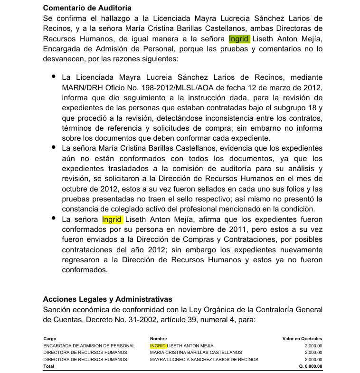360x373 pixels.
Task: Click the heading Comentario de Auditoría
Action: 87,8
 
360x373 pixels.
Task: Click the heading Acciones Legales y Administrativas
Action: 107,299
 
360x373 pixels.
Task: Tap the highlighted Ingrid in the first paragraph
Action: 239,38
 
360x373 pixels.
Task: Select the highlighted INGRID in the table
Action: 158,345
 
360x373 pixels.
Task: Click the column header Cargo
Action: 49,339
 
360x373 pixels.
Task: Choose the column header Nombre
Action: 158,339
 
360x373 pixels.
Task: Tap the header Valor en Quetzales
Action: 302,339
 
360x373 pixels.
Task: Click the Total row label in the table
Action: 48,366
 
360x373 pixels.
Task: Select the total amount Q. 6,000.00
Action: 311,366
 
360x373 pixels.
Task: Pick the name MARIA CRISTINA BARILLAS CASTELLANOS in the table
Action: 196,353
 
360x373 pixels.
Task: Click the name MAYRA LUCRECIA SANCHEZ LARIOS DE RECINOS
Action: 204,359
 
